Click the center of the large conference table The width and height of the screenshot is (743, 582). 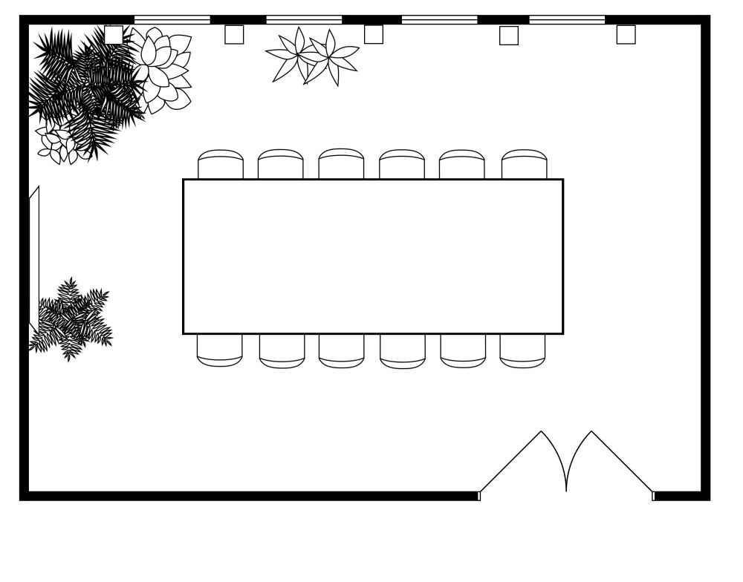pyautogui.click(x=373, y=256)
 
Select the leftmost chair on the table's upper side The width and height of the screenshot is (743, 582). pyautogui.click(x=220, y=165)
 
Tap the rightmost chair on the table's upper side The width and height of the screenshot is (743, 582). pyautogui.click(x=524, y=165)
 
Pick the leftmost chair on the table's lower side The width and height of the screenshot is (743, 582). pyautogui.click(x=219, y=349)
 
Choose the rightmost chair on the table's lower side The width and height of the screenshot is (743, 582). pyautogui.click(x=522, y=350)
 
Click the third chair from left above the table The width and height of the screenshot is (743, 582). pyautogui.click(x=341, y=164)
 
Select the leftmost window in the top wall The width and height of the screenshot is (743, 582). pyautogui.click(x=172, y=19)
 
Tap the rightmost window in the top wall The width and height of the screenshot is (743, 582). pyautogui.click(x=567, y=19)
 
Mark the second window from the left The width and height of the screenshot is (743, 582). pyautogui.click(x=304, y=19)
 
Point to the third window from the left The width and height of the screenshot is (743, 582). pyautogui.click(x=439, y=19)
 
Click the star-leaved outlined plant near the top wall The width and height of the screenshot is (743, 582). pyautogui.click(x=312, y=56)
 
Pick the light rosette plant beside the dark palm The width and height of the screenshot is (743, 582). pyautogui.click(x=162, y=71)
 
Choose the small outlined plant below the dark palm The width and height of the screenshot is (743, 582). pyautogui.click(x=59, y=145)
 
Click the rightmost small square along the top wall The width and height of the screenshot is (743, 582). pyautogui.click(x=626, y=35)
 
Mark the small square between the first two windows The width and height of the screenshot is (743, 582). pyautogui.click(x=234, y=35)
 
